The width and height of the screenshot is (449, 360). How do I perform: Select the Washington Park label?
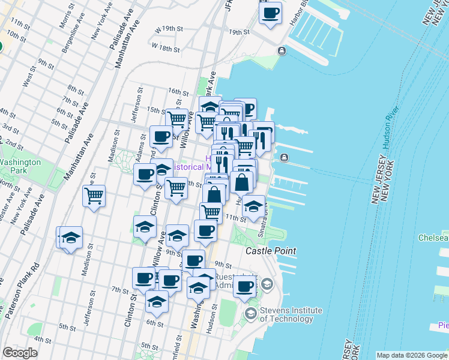(20, 166)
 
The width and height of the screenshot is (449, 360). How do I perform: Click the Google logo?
(20, 353)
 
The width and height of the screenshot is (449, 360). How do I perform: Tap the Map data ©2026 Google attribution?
(411, 355)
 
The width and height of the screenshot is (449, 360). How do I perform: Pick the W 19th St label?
(168, 29)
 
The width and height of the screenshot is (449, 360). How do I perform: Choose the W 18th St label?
(166, 46)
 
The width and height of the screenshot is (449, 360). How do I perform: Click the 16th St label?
(178, 91)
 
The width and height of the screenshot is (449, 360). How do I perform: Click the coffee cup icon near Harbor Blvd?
(270, 13)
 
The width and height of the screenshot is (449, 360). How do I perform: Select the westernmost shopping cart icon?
(94, 196)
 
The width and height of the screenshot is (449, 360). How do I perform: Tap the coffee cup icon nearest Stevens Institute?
(244, 286)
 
